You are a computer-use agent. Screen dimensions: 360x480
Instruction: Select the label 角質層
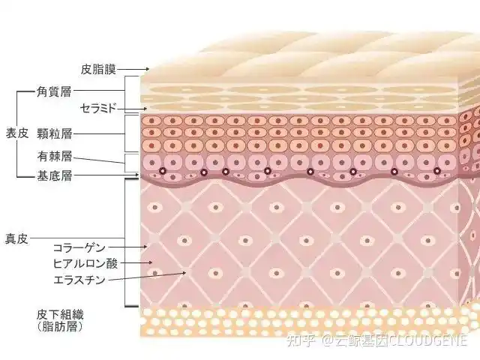click(54, 91)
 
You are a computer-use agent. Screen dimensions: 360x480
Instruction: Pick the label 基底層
click(54, 177)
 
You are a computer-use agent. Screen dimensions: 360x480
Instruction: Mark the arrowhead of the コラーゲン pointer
click(147, 246)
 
